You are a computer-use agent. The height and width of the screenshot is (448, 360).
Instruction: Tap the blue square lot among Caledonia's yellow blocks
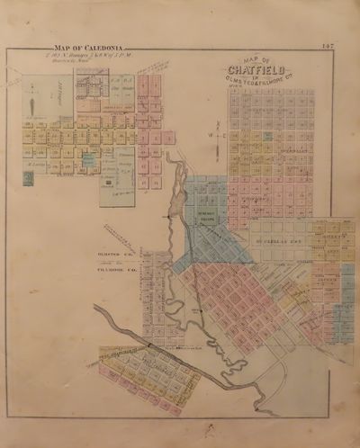click(88, 158)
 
